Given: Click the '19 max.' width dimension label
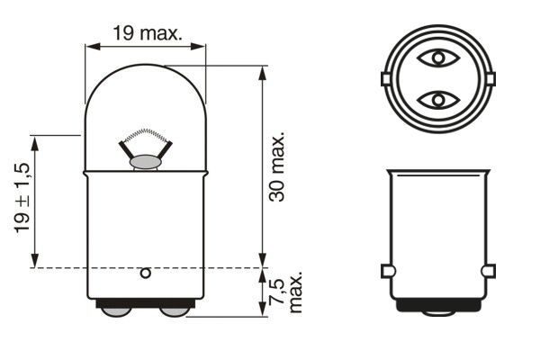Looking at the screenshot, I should [147, 34].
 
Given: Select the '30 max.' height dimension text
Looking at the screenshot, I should [278, 166].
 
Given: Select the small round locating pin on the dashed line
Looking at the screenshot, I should [146, 272].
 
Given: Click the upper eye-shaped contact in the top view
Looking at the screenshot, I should [438, 59].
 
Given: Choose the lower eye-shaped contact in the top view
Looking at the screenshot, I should [438, 98].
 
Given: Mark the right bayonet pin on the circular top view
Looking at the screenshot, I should [491, 79].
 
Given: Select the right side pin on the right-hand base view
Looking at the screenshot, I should [489, 271].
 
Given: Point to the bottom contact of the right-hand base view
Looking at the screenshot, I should [438, 310].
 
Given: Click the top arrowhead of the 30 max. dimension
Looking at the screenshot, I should [261, 71].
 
